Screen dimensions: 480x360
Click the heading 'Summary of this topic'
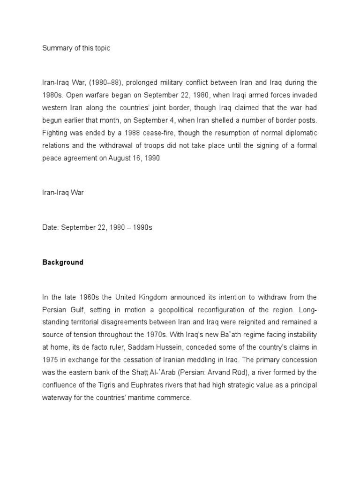pyautogui.click(x=76, y=48)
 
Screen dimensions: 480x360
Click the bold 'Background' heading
pyautogui.click(x=62, y=262)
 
